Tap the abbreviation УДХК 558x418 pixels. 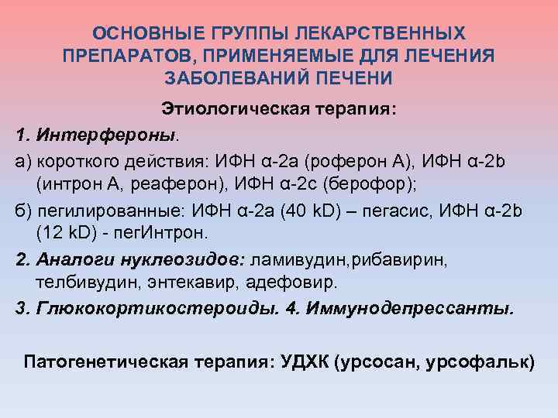coord(297,361)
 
